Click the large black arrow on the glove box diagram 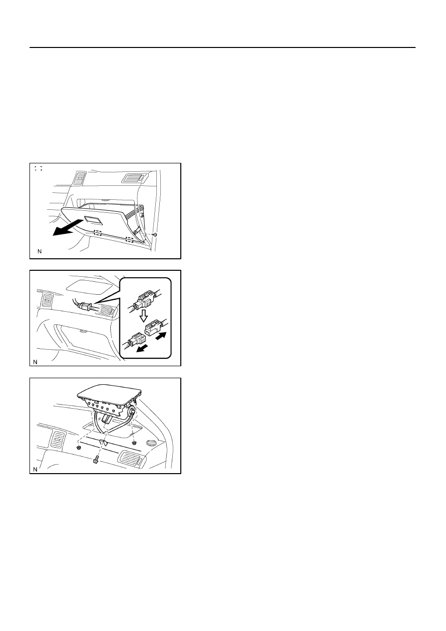pyautogui.click(x=67, y=228)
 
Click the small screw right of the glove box pyautogui.click(x=155, y=234)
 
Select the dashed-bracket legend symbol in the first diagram pyautogui.click(x=38, y=168)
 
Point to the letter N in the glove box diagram pyautogui.click(x=39, y=251)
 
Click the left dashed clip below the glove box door pyautogui.click(x=98, y=233)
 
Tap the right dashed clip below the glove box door pyautogui.click(x=129, y=239)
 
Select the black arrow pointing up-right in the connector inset pyautogui.click(x=161, y=336)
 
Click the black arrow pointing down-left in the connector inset pyautogui.click(x=142, y=349)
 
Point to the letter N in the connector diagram pyautogui.click(x=35, y=362)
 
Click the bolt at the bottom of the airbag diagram pyautogui.click(x=95, y=460)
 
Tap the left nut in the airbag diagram pyautogui.click(x=79, y=447)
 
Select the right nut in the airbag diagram pyautogui.click(x=134, y=442)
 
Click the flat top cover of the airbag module pyautogui.click(x=109, y=391)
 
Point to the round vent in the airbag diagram pyautogui.click(x=151, y=443)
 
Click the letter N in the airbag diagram pyautogui.click(x=35, y=469)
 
